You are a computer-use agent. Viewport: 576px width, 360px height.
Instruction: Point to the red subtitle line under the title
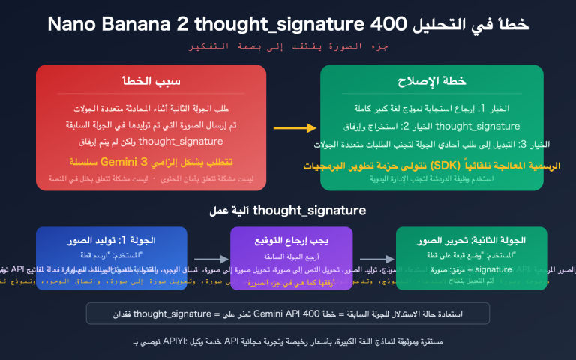288,47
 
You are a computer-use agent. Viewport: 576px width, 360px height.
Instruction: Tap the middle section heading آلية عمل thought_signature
288,211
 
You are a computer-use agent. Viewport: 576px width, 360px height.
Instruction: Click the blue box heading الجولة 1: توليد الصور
112,240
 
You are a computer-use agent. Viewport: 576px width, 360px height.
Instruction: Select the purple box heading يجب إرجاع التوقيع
291,240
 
